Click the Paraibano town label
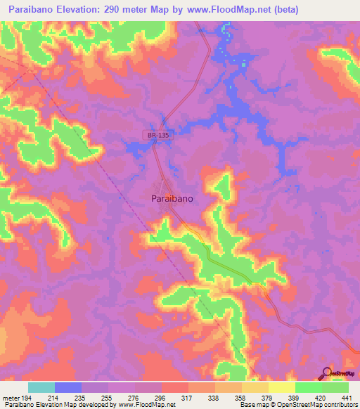pos(173,199)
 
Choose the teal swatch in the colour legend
pos(41,387)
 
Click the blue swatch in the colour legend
pos(68,387)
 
